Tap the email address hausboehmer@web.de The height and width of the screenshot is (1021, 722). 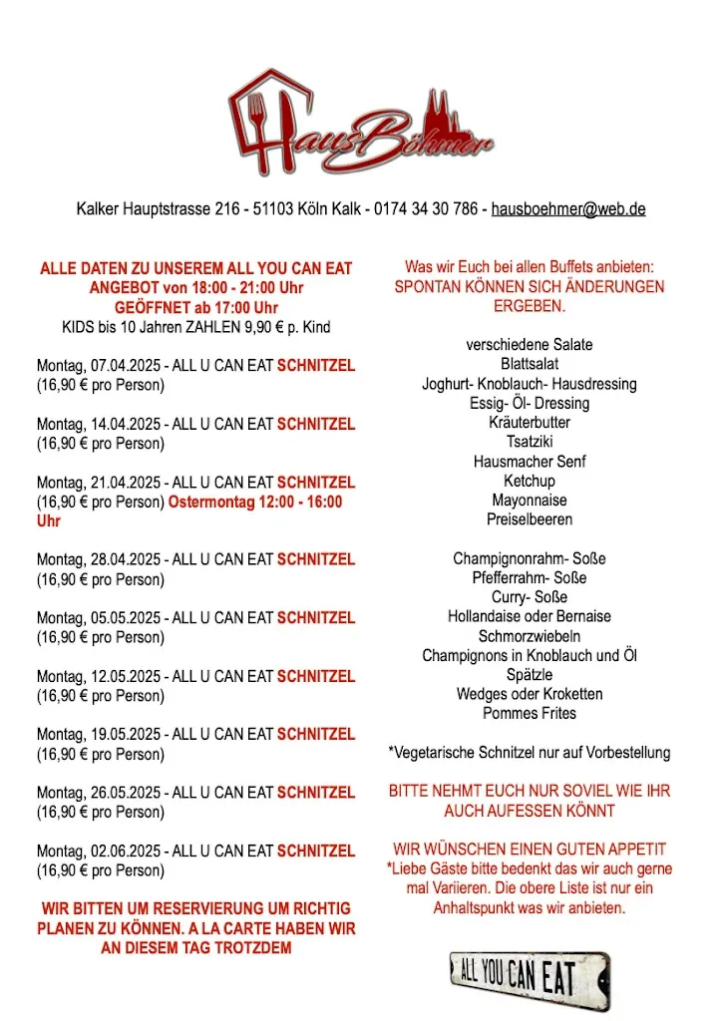[x=567, y=209]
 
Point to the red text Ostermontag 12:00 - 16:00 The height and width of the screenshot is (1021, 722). [x=255, y=502]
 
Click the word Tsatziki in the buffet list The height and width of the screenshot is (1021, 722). [x=529, y=442]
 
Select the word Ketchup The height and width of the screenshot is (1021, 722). [x=529, y=481]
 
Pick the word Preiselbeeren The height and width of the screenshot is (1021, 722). [x=529, y=519]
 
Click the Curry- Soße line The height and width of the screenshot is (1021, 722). [x=529, y=597]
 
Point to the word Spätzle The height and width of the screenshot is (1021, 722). [x=529, y=675]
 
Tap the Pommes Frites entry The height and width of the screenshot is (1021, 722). [x=529, y=714]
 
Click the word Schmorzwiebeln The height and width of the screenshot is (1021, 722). [x=529, y=636]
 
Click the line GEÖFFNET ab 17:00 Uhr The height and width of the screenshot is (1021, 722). [x=195, y=307]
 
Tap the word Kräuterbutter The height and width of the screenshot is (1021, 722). [x=529, y=423]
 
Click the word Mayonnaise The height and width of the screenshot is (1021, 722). [x=529, y=501]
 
